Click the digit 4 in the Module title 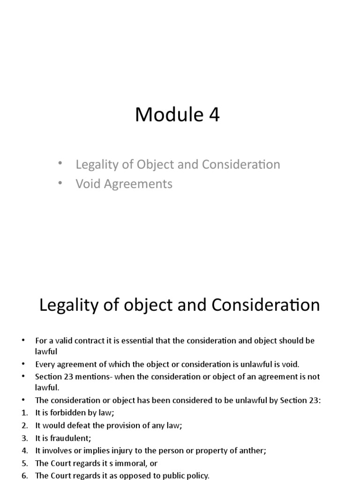[214, 115]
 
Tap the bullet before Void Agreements [60, 183]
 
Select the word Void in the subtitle [87, 184]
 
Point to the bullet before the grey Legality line [60, 164]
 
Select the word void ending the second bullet [290, 364]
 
